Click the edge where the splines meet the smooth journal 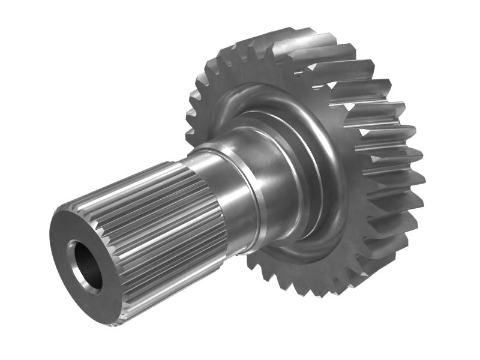point(210,198)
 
